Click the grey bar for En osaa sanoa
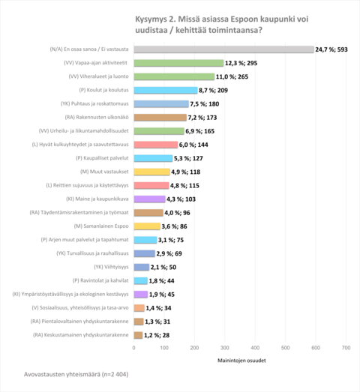[x=223, y=49]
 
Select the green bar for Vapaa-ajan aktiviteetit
[x=178, y=63]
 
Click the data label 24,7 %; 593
[x=335, y=49]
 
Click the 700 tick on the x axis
[x=346, y=348]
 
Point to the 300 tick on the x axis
[x=224, y=348]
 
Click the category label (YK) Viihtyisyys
[x=111, y=266]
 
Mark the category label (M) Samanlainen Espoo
[x=101, y=226]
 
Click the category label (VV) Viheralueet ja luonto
[x=97, y=76]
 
